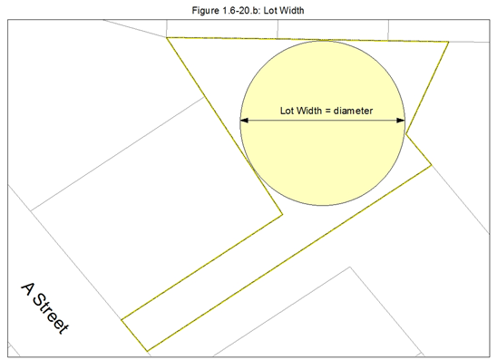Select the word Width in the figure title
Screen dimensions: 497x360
292,11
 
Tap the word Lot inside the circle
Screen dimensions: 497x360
287,111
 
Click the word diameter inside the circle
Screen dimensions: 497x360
353,111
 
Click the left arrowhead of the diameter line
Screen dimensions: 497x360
244,120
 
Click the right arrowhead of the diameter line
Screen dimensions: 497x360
401,120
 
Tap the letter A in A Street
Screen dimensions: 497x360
29,289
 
